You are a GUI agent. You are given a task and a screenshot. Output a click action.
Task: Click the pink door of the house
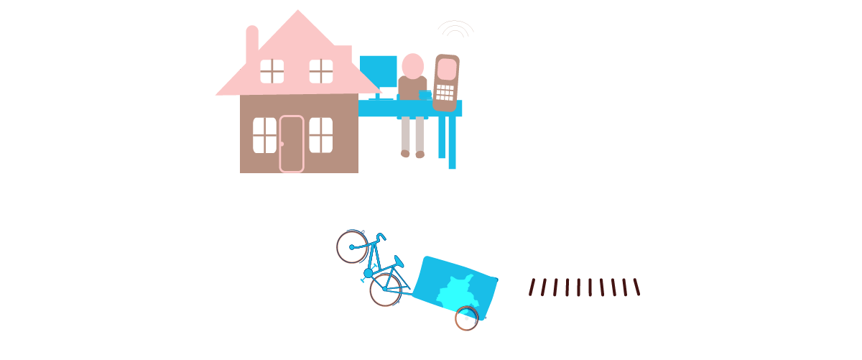292,144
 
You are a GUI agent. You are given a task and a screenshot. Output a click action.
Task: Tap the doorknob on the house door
282,144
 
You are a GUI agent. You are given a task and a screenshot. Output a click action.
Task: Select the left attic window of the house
272,71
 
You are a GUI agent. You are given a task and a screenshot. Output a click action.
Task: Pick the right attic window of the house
321,71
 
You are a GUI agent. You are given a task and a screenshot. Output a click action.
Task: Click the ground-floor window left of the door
264,135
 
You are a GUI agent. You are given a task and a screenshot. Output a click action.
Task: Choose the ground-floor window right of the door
321,135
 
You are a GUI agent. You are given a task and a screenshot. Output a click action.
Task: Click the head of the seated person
412,65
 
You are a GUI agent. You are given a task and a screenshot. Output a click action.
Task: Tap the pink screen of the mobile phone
447,69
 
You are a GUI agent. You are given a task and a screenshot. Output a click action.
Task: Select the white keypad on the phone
445,92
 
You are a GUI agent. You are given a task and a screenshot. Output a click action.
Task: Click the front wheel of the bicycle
352,246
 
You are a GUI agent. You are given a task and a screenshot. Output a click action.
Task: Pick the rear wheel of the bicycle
386,290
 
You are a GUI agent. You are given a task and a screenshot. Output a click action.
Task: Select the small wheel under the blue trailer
466,318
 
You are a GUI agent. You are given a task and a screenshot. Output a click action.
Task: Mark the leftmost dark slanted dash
533,287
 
